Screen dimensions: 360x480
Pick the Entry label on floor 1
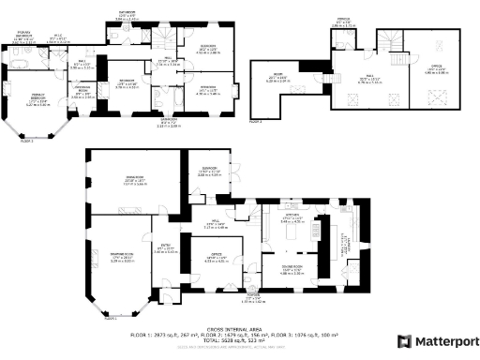click(163, 248)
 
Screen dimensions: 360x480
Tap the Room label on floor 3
click(278, 76)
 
